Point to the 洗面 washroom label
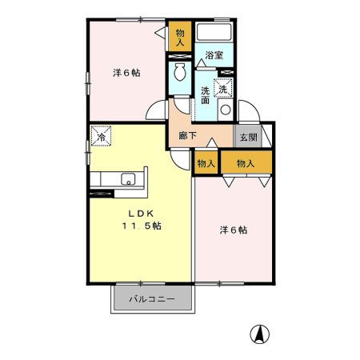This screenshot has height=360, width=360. coord(205,94)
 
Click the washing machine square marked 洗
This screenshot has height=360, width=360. coord(225,88)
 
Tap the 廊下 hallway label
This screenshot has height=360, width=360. coord(188,136)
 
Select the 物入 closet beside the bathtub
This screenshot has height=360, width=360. coord(180,38)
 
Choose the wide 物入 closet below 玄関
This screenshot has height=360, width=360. coord(246,163)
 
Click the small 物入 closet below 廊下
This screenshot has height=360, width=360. coord(206,163)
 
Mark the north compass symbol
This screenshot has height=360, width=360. coord(260,333)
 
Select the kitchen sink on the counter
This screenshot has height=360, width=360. coord(127,178)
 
